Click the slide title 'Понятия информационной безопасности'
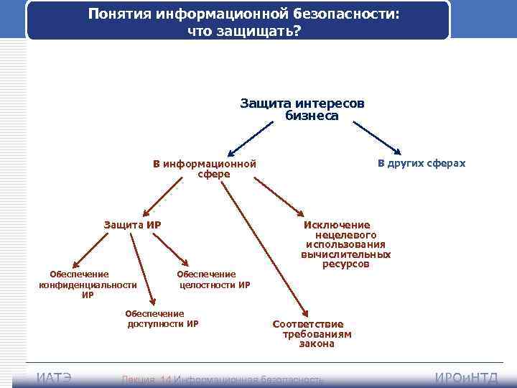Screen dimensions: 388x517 coord(238,14)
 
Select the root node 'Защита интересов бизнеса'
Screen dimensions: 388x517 coord(302,109)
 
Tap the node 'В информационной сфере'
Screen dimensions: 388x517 coord(204,168)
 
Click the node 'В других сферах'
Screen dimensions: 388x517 coord(421,163)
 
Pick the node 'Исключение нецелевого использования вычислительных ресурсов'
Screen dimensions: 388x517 coord(346,244)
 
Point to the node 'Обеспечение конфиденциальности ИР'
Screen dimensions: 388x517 coord(88,284)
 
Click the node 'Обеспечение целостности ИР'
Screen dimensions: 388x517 coord(214,279)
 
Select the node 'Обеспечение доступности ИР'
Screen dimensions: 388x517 coord(162,318)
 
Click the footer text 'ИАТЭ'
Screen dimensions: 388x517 coord(54,379)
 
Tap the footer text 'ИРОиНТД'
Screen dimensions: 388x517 coord(467,379)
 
